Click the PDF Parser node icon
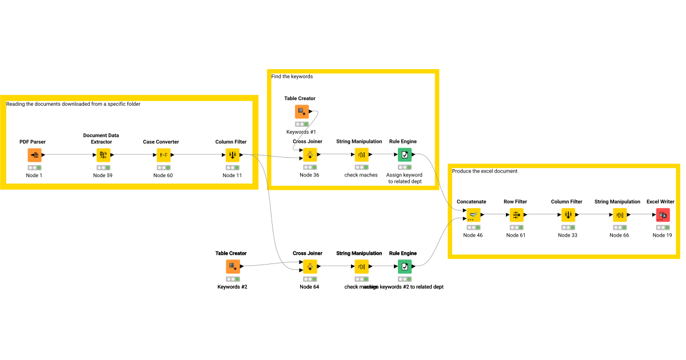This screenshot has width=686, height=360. pyautogui.click(x=34, y=155)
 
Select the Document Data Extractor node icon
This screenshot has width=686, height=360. pyautogui.click(x=103, y=155)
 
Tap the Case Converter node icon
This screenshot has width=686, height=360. pyautogui.click(x=163, y=155)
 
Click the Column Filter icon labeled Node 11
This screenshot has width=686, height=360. pyautogui.click(x=232, y=155)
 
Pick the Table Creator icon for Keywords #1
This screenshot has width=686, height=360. pyautogui.click(x=302, y=111)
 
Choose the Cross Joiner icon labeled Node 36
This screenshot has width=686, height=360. pyautogui.click(x=309, y=154)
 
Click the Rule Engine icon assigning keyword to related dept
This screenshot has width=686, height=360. pyautogui.click(x=404, y=154)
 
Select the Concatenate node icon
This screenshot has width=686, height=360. pyautogui.click(x=473, y=215)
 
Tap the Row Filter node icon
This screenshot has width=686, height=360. pyautogui.click(x=515, y=215)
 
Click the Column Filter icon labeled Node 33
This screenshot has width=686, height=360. pyautogui.click(x=568, y=215)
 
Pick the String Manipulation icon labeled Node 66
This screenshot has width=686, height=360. pyautogui.click(x=619, y=215)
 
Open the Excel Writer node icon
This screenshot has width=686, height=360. pyautogui.click(x=662, y=215)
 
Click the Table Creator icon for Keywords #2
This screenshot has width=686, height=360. pyautogui.click(x=233, y=266)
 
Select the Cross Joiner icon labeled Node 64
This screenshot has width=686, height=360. pyautogui.click(x=309, y=266)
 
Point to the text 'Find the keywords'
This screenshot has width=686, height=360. pyautogui.click(x=292, y=77)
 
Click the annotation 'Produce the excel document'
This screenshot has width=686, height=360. pyautogui.click(x=485, y=171)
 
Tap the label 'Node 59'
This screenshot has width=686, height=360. pyautogui.click(x=103, y=175)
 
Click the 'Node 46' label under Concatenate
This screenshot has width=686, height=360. pyautogui.click(x=473, y=235)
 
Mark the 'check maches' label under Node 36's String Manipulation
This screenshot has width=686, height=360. pyautogui.click(x=361, y=175)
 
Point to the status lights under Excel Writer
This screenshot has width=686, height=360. pyautogui.click(x=662, y=227)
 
